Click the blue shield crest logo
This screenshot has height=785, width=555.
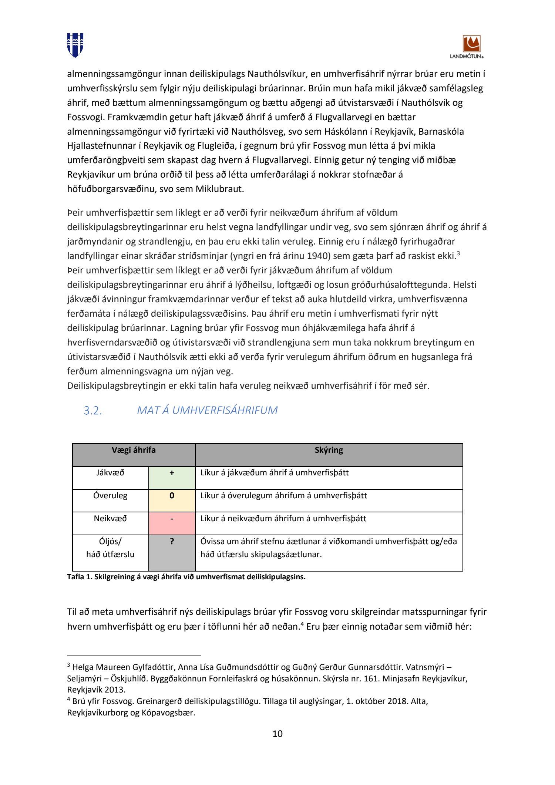pyautogui.click(x=75, y=45)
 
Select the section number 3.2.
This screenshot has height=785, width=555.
pyautogui.click(x=92, y=411)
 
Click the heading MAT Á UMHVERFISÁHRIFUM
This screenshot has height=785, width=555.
pyautogui.click(x=207, y=410)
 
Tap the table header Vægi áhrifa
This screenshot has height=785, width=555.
pyautogui.click(x=134, y=450)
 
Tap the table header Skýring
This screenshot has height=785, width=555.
pyautogui.click(x=329, y=450)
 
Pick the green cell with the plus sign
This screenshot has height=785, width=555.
pyautogui.click(x=172, y=478)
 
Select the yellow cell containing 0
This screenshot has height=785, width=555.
pyautogui.click(x=172, y=501)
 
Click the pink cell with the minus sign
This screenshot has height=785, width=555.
pyautogui.click(x=172, y=523)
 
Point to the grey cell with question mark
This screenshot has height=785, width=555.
pyautogui.click(x=172, y=552)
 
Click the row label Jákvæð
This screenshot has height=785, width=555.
pyautogui.click(x=110, y=473)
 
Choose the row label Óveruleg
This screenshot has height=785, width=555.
pyautogui.click(x=110, y=496)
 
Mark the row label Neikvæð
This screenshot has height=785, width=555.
pyautogui.click(x=110, y=519)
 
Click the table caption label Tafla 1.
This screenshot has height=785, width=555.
pyautogui.click(x=79, y=577)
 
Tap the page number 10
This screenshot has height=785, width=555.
pyautogui.click(x=277, y=734)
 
